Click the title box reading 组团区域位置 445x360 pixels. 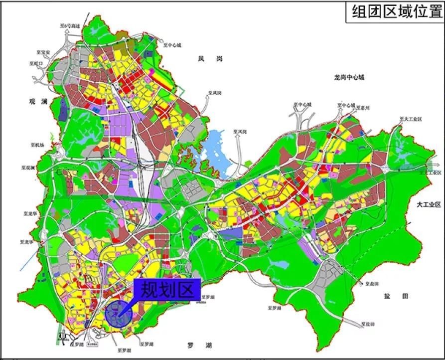point(393,11)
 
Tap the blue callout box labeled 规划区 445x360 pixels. point(167,290)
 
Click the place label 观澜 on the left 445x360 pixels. point(37,102)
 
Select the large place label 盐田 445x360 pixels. point(396,296)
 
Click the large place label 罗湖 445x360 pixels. point(199,345)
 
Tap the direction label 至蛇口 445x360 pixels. point(36,63)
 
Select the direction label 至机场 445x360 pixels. point(36,145)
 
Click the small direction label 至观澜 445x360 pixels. point(27,168)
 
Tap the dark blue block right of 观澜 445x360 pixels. point(63,109)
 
